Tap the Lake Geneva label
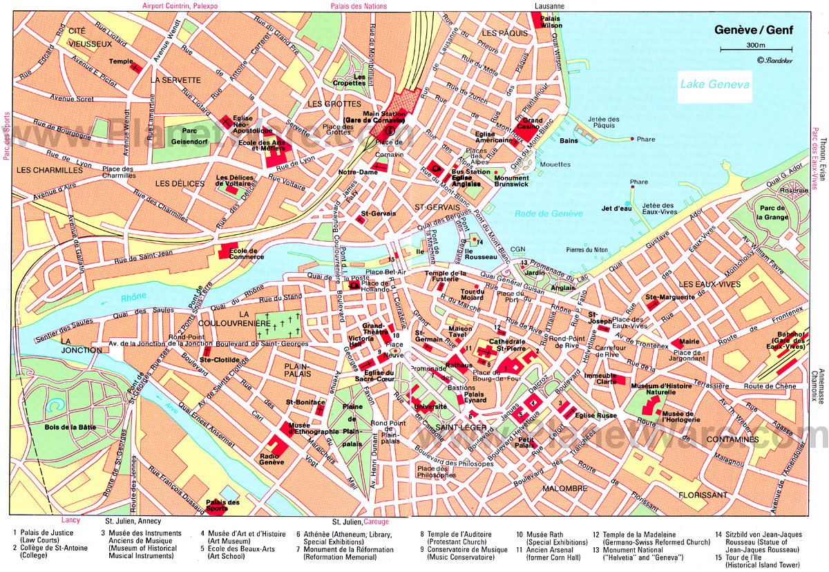714,84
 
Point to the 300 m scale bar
740,49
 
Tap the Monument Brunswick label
511,182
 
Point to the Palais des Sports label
223,506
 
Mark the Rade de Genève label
549,213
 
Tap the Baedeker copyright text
777,60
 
